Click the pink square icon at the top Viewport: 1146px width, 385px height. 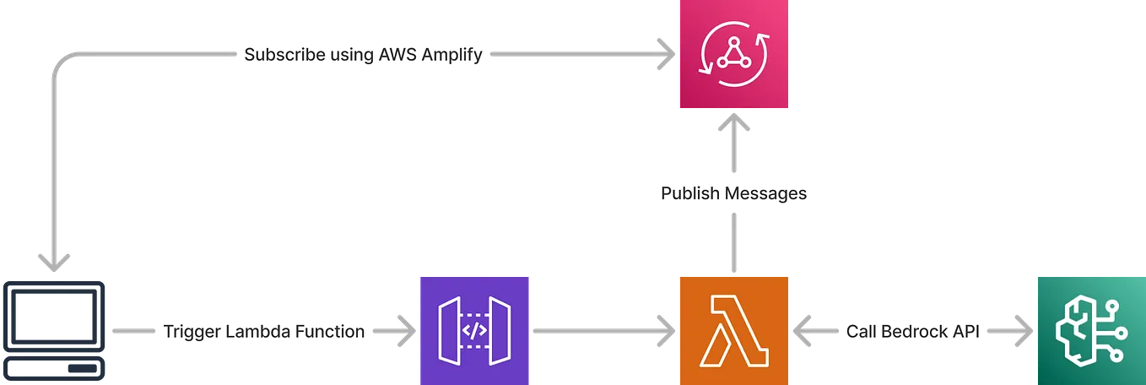732,56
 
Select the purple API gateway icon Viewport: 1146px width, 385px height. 475,329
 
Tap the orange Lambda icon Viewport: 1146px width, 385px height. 732,329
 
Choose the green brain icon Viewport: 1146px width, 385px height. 1089,329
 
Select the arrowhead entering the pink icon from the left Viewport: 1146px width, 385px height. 667,55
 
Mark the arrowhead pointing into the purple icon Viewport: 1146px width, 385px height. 409,330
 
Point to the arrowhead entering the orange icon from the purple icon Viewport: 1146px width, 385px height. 668,330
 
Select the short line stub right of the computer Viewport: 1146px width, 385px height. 132,330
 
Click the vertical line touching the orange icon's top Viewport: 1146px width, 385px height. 733,242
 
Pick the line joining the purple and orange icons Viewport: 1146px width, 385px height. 599,330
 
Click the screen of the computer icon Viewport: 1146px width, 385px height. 55,317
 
